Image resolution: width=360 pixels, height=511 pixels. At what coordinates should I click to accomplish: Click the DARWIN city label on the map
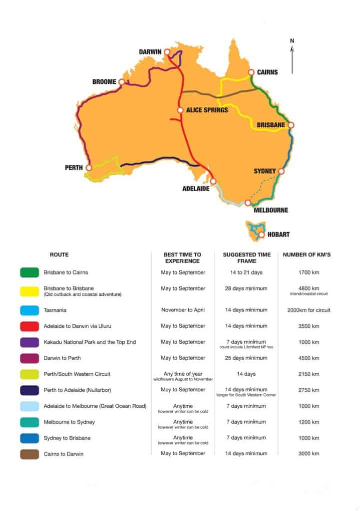[153, 52]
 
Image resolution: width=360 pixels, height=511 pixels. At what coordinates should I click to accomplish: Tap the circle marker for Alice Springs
[180, 110]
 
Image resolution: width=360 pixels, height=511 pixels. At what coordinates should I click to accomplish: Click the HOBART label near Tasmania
[278, 234]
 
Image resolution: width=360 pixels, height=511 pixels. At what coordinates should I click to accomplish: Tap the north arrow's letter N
[292, 40]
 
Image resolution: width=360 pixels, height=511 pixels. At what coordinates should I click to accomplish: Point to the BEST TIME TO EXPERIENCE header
[183, 257]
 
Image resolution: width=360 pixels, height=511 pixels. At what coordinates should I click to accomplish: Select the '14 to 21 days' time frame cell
[245, 272]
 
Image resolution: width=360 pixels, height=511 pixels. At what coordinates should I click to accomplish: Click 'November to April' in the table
[183, 310]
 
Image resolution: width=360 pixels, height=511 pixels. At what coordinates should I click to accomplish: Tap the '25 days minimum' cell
[245, 358]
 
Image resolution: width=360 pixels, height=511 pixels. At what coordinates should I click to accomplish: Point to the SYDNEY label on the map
[265, 171]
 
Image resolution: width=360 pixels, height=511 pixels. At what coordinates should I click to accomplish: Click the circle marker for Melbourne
[248, 203]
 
